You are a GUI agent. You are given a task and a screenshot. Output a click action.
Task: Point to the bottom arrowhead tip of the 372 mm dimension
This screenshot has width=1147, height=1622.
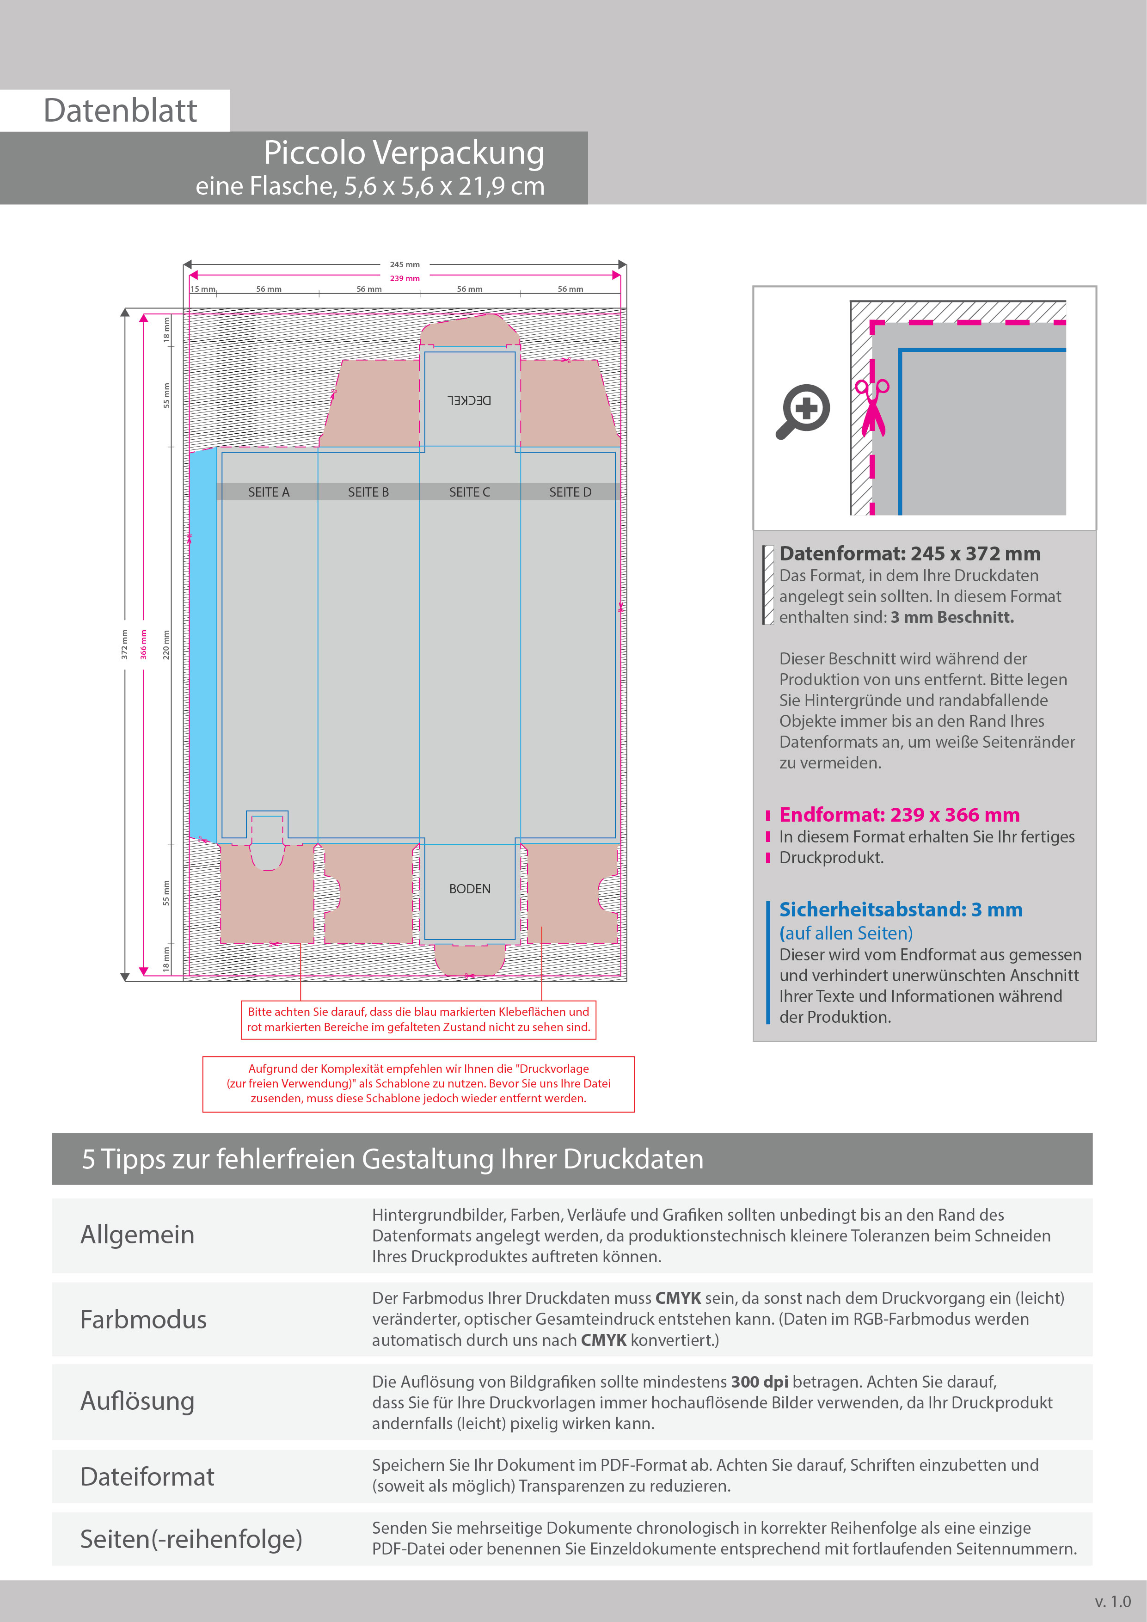click(x=125, y=981)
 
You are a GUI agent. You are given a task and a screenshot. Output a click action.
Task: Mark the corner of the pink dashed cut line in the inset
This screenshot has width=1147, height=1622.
click(x=873, y=323)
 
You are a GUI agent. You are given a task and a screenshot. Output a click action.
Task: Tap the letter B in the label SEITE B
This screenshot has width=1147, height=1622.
click(x=385, y=492)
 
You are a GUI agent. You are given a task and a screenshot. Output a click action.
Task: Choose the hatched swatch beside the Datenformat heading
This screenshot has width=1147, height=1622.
click(x=768, y=585)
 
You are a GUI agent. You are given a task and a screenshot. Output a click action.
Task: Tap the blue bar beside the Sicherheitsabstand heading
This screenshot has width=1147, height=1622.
click(x=768, y=962)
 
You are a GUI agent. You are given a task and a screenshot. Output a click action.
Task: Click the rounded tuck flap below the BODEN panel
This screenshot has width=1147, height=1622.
click(x=470, y=959)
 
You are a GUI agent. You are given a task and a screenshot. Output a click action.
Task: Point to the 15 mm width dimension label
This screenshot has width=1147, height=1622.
click(x=202, y=289)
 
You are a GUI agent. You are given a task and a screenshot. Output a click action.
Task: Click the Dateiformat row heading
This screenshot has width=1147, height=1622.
click(x=147, y=1476)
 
